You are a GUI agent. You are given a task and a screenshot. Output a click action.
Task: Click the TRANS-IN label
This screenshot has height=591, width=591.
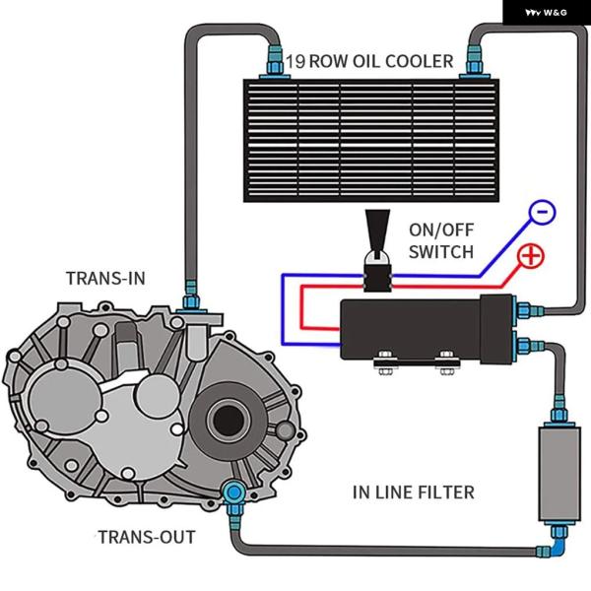pos(105,278)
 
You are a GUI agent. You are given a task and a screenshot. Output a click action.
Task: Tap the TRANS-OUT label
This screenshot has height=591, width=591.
pos(146,537)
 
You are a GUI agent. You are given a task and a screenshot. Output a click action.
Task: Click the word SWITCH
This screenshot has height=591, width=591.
pos(439,251)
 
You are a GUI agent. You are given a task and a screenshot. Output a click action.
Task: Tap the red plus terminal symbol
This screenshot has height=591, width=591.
pos(531,256)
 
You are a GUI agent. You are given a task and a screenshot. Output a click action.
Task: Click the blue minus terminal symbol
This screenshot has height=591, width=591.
pos(542,211)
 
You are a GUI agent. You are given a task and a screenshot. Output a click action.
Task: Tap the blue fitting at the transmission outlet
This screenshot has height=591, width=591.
pos(234,492)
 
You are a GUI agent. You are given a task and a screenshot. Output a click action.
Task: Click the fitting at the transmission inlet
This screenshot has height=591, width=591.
pos(189,295)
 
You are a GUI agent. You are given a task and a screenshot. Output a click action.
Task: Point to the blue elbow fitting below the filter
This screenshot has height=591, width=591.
pos(558,539)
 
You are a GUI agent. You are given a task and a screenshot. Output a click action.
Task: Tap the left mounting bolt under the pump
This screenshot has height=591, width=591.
pos(382,367)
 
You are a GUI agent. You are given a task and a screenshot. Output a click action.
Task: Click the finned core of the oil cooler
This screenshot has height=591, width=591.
pos(374,138)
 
